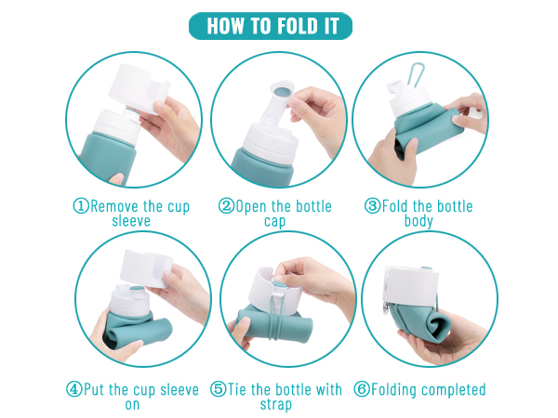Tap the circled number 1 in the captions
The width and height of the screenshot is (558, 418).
coord(81,206)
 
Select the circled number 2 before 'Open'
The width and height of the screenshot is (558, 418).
coord(226,206)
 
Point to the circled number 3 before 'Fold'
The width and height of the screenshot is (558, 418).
coord(373,206)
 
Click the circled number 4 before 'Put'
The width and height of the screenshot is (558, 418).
coord(73,390)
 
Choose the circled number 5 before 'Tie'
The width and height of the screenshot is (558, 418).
coord(217,390)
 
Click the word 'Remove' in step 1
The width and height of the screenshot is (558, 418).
coord(116,206)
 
